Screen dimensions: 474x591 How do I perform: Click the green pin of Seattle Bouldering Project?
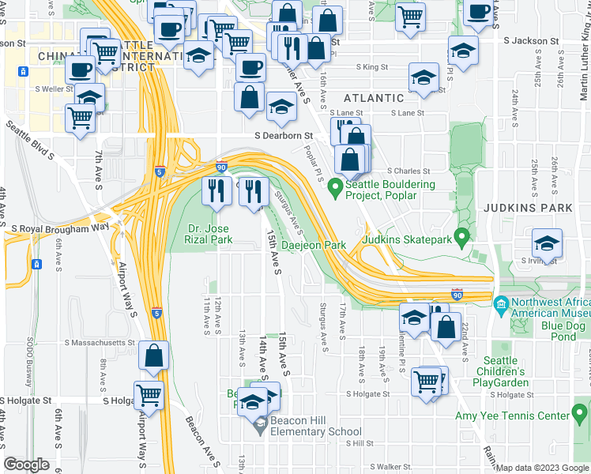[x=335, y=187]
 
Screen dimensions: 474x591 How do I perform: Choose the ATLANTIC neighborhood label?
[x=373, y=98]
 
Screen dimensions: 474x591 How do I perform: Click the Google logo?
[x=27, y=464]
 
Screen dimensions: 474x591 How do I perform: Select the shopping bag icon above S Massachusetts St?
[x=154, y=356]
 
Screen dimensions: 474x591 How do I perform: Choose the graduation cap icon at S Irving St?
[x=546, y=243]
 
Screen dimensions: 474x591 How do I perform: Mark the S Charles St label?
[x=409, y=171]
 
